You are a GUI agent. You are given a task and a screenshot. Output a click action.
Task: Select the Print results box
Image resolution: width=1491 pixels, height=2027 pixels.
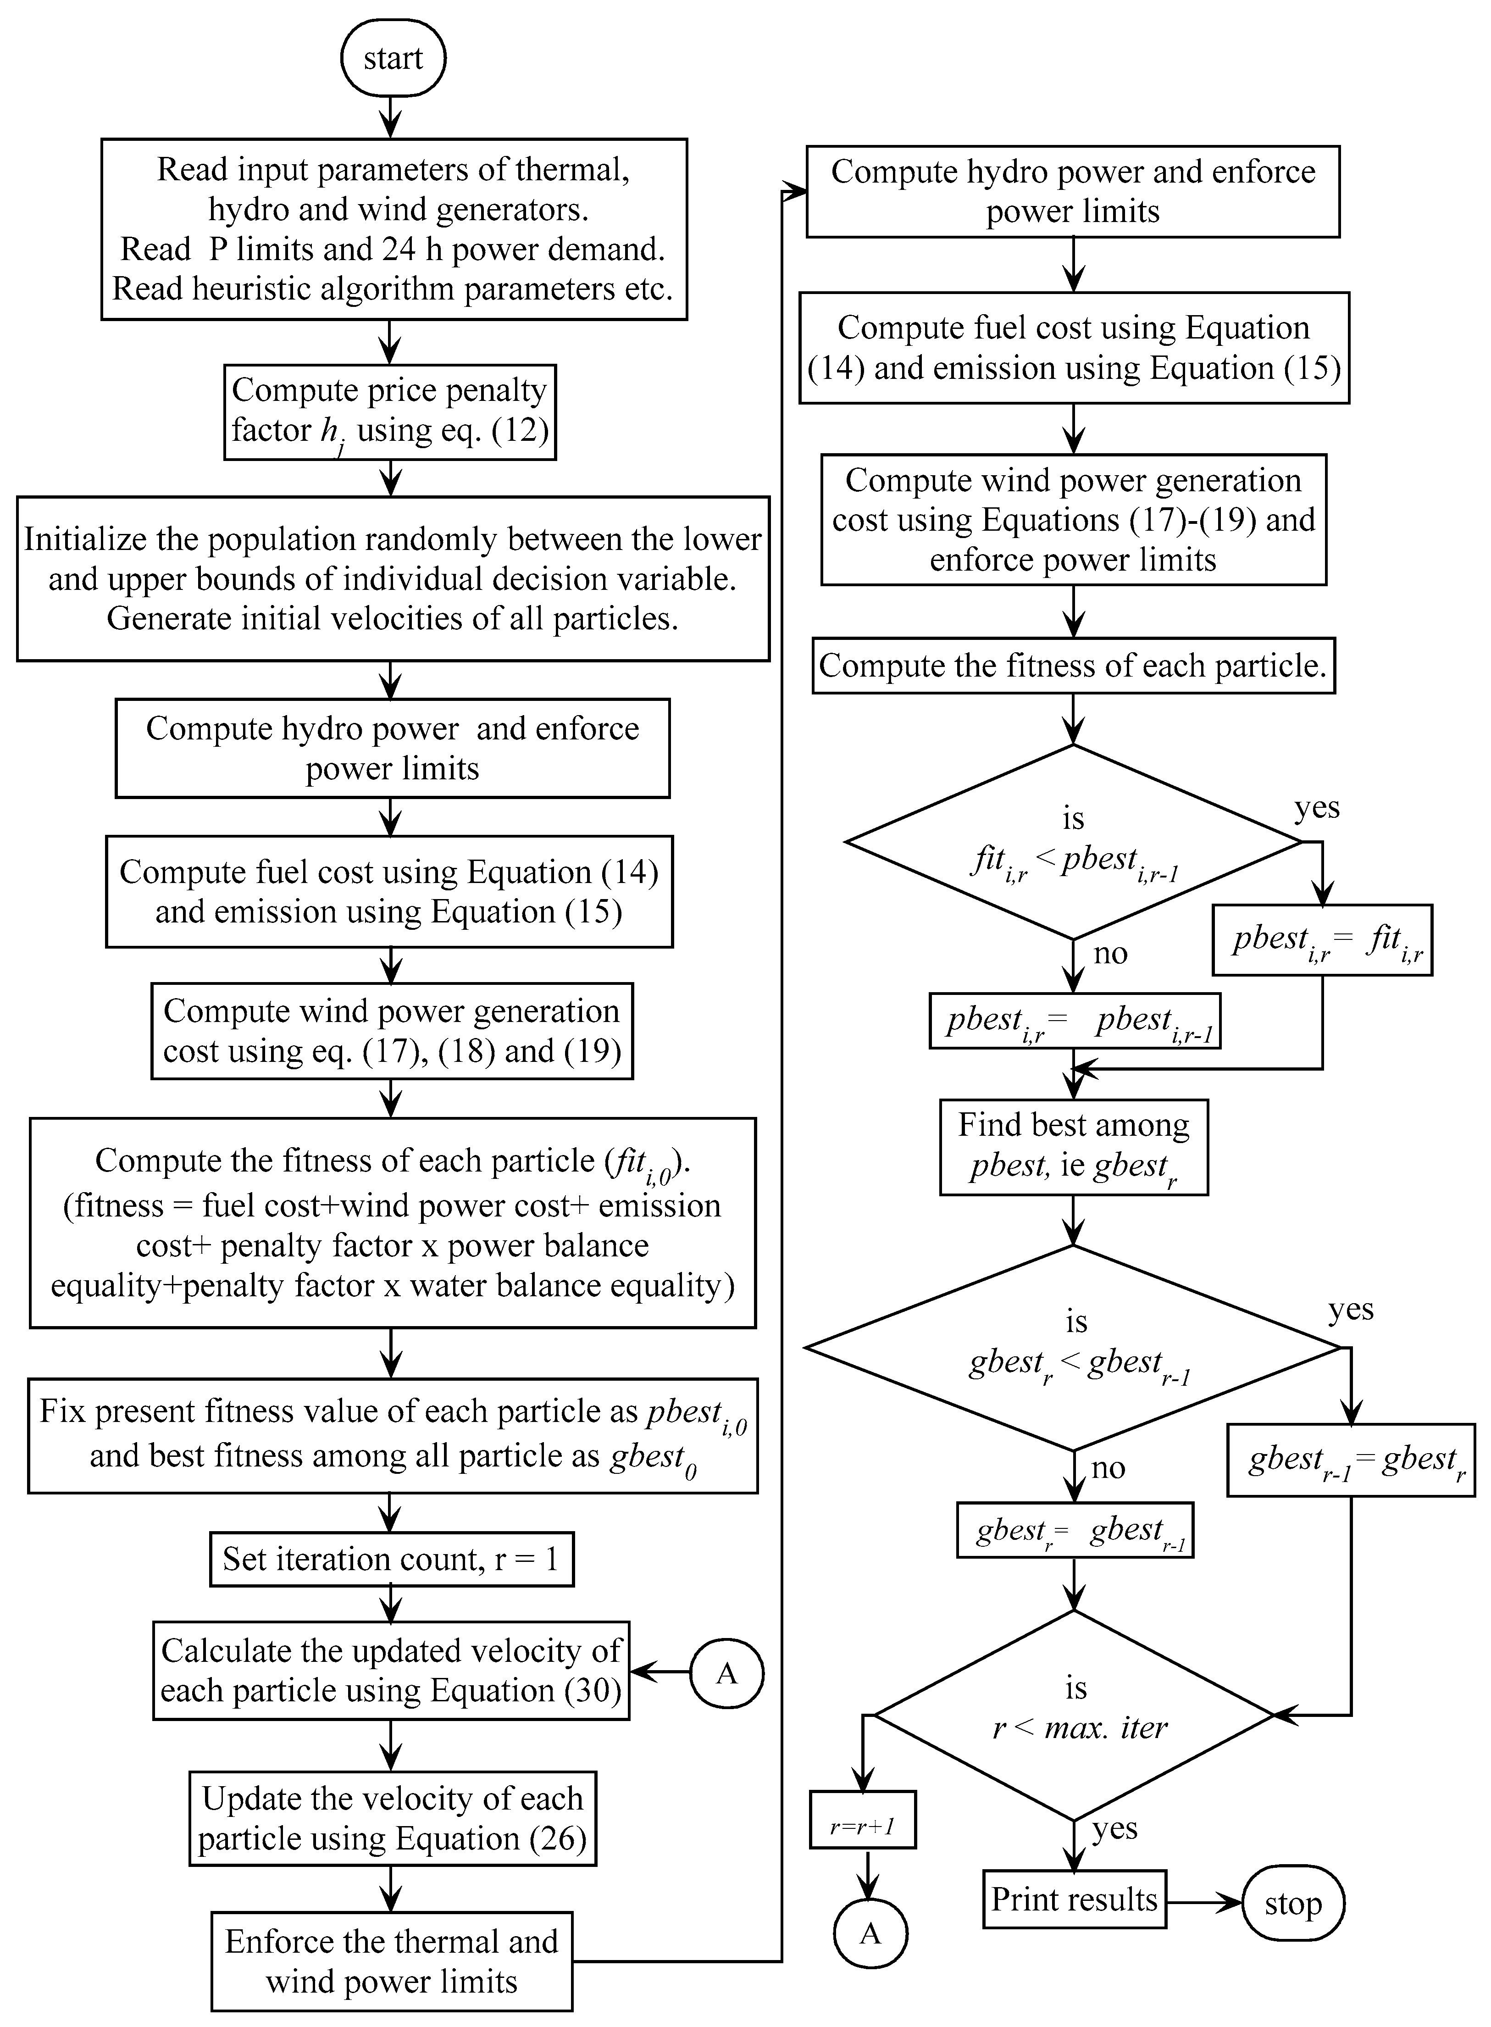(1074, 1899)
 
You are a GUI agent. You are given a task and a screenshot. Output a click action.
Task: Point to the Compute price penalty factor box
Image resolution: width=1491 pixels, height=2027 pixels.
(390, 411)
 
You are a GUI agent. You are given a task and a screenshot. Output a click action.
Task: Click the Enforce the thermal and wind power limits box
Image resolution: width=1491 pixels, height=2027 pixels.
(392, 1960)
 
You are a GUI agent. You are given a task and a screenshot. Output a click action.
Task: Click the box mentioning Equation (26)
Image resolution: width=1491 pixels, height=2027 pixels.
(392, 1819)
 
